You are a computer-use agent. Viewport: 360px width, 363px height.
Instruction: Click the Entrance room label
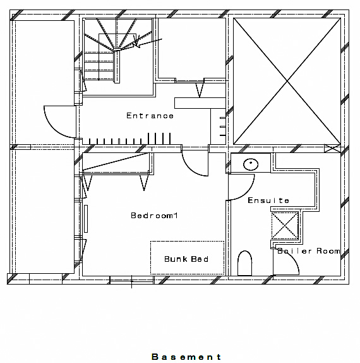click(x=150, y=116)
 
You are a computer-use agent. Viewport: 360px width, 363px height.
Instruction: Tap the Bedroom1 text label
click(x=154, y=216)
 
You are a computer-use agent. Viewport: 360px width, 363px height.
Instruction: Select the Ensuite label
click(x=268, y=200)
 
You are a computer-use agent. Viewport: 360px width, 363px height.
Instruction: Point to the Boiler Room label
click(x=309, y=250)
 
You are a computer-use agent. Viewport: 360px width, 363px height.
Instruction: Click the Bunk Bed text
click(x=186, y=259)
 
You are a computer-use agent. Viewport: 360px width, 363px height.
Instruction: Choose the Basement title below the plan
click(x=186, y=357)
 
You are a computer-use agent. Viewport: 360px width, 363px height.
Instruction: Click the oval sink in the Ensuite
click(x=251, y=164)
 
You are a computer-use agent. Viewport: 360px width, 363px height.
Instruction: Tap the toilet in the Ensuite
click(x=244, y=263)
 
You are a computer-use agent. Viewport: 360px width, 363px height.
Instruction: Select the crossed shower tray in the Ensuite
click(x=285, y=226)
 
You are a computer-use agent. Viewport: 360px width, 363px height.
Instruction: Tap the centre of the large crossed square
click(x=287, y=81)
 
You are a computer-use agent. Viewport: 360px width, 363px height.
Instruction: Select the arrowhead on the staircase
click(x=136, y=43)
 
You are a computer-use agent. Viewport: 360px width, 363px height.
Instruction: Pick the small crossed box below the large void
click(x=332, y=149)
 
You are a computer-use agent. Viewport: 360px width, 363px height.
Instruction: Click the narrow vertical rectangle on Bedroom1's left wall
click(x=86, y=219)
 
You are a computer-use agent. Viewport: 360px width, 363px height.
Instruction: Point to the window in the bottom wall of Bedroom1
click(x=131, y=280)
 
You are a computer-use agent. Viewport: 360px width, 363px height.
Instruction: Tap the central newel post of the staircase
click(x=117, y=66)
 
